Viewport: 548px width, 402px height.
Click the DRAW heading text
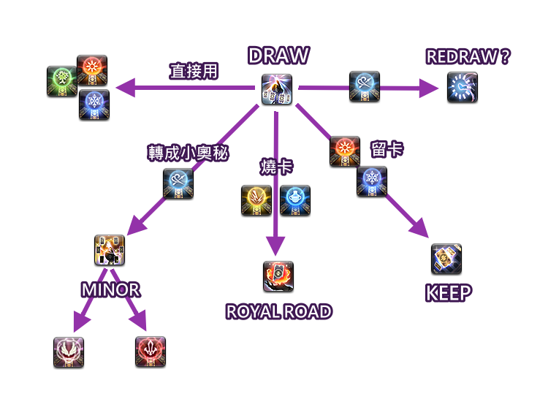278,56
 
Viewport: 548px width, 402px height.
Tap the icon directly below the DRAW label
278,90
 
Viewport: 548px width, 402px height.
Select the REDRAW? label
468,57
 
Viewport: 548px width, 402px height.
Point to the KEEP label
448,293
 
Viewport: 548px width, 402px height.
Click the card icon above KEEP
446,259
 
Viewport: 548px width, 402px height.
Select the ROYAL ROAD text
278,312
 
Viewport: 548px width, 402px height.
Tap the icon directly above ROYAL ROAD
278,277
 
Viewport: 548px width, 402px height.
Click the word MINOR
110,289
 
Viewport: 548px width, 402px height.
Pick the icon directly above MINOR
110,251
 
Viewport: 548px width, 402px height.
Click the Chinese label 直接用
194,71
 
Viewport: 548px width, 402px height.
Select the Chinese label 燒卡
277,167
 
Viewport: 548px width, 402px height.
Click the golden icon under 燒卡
257,201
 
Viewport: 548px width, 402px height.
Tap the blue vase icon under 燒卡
295,201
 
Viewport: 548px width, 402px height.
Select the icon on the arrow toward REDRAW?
364,87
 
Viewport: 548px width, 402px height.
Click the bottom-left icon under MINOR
69,352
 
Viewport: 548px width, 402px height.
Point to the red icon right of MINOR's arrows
151,352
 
